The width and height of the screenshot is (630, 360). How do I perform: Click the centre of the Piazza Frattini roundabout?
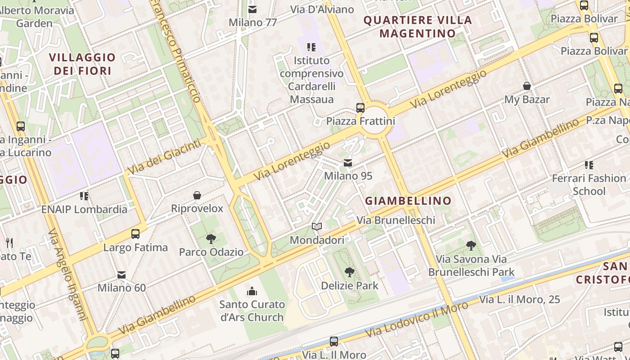(375, 120)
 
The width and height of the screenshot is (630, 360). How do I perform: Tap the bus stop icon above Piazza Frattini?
(360, 108)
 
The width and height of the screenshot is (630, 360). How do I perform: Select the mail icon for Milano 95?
(348, 162)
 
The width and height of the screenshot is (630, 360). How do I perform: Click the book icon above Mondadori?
(317, 227)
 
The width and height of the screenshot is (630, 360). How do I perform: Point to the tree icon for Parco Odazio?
(211, 239)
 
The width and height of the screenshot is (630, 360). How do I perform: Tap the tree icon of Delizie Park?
(349, 272)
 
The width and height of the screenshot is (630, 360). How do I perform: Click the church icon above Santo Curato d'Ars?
(252, 291)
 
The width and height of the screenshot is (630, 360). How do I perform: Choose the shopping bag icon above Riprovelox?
(197, 195)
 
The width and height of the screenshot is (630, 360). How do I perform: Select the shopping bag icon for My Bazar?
(526, 86)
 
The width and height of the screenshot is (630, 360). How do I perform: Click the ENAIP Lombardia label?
(84, 209)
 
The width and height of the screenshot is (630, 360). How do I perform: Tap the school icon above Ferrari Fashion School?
(589, 165)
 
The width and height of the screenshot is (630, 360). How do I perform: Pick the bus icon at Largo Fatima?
(135, 234)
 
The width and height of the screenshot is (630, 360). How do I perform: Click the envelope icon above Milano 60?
(121, 274)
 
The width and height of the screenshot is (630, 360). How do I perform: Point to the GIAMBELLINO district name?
(408, 201)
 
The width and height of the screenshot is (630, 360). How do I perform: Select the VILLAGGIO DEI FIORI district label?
(82, 64)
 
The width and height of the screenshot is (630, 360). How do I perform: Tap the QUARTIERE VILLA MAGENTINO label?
(418, 27)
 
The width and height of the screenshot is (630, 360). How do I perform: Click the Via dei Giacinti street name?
(164, 157)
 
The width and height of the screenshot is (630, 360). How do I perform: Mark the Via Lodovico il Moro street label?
(417, 319)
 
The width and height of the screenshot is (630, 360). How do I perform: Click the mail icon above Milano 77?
(253, 9)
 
